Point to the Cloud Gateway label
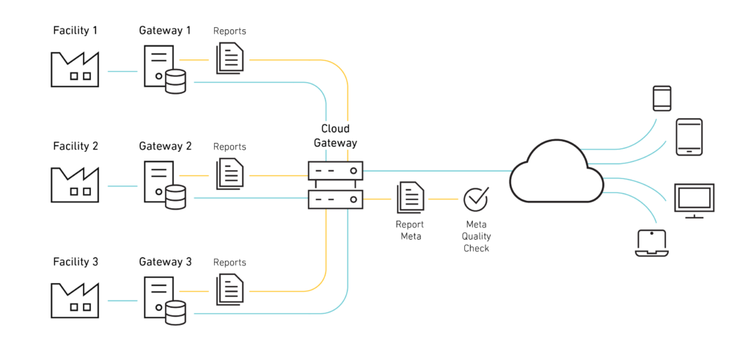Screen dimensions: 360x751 (335, 136)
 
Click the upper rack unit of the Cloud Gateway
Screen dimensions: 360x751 (335, 172)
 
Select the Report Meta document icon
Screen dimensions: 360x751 (410, 198)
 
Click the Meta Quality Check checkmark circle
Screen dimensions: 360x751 (476, 198)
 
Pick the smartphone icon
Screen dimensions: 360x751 (662, 98)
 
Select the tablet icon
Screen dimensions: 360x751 (689, 137)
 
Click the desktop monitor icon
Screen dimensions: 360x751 (694, 200)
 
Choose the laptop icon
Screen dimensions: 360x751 (651, 243)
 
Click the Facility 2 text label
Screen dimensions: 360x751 (76, 146)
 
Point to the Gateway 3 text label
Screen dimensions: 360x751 (165, 262)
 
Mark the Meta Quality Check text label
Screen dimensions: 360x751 (476, 236)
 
